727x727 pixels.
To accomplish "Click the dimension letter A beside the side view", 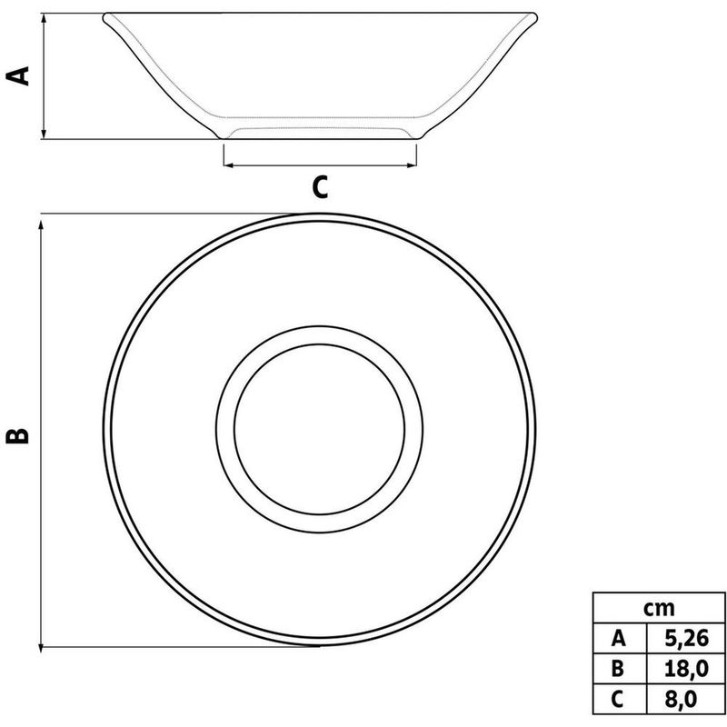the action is tap(17, 76).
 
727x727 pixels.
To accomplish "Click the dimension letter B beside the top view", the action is tap(17, 435).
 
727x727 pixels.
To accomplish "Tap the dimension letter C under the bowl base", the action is tap(320, 187).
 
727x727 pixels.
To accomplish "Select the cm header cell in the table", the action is tap(659, 608).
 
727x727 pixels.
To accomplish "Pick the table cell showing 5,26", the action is tap(686, 639).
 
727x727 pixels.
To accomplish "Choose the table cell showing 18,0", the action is tap(686, 669).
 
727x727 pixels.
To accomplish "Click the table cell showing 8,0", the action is tap(686, 699).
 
